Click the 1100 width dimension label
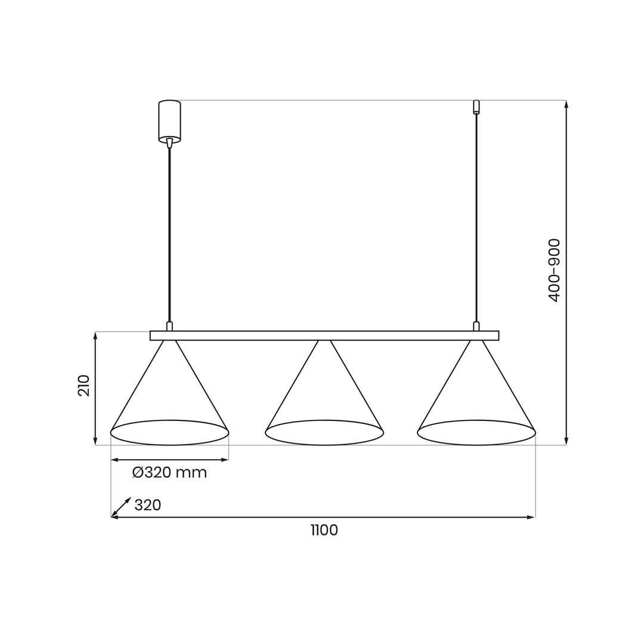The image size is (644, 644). coord(324,530)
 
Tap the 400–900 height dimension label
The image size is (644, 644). coord(553,270)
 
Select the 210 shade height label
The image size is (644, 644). coord(83,386)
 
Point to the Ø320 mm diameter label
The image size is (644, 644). coord(169,472)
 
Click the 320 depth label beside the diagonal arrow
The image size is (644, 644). coord(148,504)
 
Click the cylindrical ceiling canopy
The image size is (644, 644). coord(169,121)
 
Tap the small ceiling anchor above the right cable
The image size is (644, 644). coord(476,107)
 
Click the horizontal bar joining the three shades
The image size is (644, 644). coord(324,335)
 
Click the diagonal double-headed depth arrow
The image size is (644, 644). coord(121,506)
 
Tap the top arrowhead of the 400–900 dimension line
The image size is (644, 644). coord(566,104)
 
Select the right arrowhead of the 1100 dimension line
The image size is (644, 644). coord(531,517)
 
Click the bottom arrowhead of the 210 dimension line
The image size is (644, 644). coord(95,441)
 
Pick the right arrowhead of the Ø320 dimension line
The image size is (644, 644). coord(224,460)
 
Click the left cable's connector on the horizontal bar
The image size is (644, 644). coord(169,326)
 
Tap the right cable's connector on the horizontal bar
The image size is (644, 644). coord(476,326)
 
